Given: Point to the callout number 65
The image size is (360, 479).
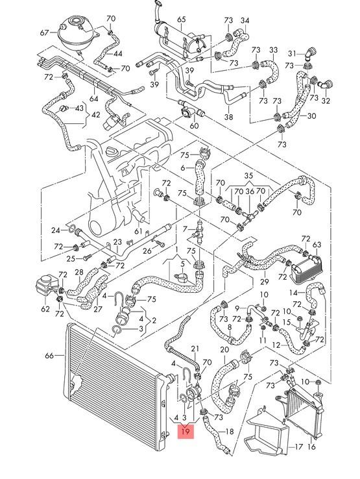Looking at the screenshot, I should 181,21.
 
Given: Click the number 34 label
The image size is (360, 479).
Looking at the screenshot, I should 245,21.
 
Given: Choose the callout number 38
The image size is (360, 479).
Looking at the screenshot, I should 228,117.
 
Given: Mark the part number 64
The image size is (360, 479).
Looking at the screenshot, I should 94,99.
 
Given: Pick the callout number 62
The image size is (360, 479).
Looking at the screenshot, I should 45,309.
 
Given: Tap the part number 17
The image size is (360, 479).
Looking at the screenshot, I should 299,447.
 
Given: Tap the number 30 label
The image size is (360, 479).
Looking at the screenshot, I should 312,116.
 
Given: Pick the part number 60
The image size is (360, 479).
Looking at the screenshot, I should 194,126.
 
